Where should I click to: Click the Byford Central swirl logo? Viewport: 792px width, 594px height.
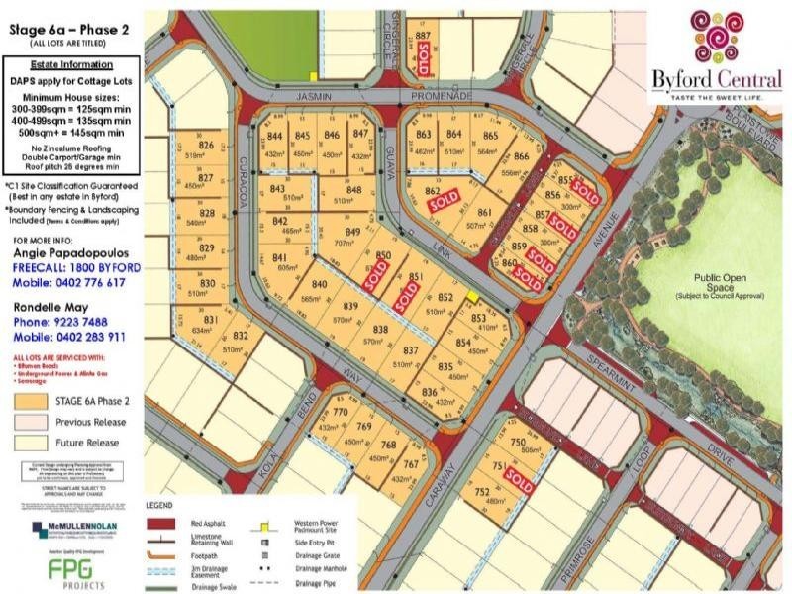coord(715,38)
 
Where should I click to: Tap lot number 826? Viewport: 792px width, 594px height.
coord(206,146)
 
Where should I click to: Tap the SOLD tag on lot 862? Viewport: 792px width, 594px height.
coord(443,200)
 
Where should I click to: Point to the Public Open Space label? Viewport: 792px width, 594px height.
coord(704,281)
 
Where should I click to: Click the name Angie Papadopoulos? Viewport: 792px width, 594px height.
coord(70,254)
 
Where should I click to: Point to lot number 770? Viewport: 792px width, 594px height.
coord(341,413)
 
